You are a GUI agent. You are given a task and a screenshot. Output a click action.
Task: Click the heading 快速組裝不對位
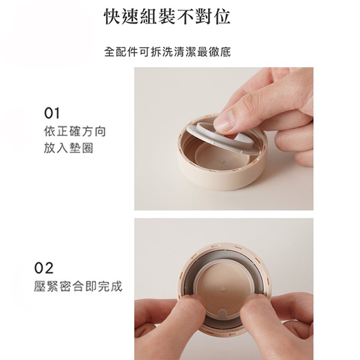[167, 17]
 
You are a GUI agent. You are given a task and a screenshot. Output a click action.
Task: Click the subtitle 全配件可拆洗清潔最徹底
[167, 52]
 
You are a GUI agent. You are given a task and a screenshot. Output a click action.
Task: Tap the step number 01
[52, 113]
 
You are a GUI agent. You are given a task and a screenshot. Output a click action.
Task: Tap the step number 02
[44, 268]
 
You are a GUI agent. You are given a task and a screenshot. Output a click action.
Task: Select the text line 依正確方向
[75, 131]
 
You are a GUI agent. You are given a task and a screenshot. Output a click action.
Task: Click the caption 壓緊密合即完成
[78, 286]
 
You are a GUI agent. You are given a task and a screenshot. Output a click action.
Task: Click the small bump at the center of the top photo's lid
[221, 162]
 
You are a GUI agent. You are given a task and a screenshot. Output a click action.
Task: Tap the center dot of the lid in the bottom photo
[222, 288]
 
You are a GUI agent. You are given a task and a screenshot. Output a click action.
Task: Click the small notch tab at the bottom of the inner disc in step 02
[222, 313]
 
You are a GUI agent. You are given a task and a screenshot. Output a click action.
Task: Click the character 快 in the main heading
[113, 17]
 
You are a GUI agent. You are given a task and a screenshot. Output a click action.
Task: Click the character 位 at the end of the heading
[222, 17]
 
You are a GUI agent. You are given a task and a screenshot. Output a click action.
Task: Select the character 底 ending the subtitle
[225, 52]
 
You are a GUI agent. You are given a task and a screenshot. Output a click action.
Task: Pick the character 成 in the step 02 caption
[117, 286]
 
